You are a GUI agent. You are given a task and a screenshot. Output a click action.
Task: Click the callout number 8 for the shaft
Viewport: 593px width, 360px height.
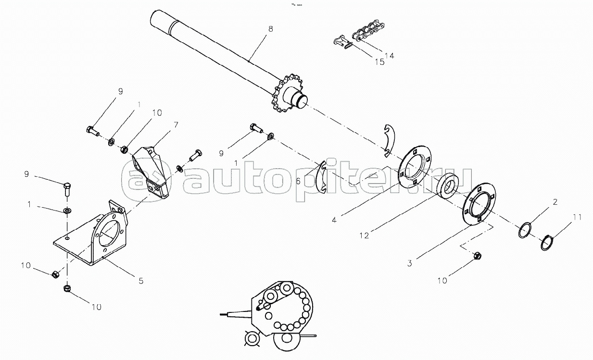(270, 29)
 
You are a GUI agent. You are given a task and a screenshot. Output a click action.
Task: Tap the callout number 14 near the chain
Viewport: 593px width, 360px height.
(389, 56)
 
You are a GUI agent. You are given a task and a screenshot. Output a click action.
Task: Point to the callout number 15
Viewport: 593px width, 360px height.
(379, 62)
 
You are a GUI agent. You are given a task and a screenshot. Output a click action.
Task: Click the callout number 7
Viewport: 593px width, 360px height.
(176, 124)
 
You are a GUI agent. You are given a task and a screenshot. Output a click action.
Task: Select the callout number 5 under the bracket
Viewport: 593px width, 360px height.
(141, 281)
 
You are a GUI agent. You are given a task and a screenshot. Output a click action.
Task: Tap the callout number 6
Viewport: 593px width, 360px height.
(298, 181)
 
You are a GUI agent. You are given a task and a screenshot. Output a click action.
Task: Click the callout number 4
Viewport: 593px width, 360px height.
(334, 220)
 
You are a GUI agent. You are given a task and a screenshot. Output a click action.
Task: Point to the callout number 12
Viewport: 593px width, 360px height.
(364, 236)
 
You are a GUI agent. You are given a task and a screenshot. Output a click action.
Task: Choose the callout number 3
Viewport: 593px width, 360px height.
(410, 263)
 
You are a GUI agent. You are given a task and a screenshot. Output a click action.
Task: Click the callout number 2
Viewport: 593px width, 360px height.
(555, 202)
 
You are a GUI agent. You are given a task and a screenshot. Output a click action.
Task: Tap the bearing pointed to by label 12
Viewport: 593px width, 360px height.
(447, 186)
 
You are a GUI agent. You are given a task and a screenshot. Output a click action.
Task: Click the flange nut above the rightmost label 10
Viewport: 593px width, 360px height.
(477, 256)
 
